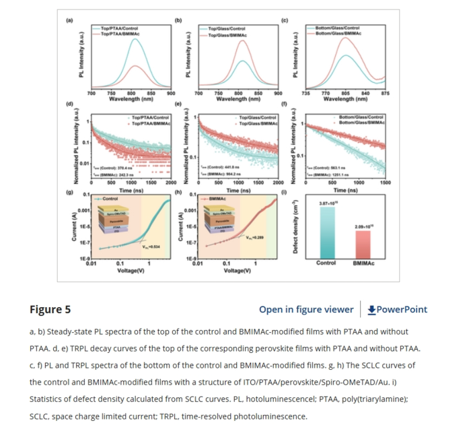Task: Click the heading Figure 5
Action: tap(50, 310)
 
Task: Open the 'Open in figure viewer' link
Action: tap(306, 310)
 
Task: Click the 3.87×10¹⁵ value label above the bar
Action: tap(327, 202)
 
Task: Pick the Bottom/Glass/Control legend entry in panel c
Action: tap(342, 28)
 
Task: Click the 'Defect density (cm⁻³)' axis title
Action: tap(296, 229)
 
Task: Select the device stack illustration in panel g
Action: tap(109, 222)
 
